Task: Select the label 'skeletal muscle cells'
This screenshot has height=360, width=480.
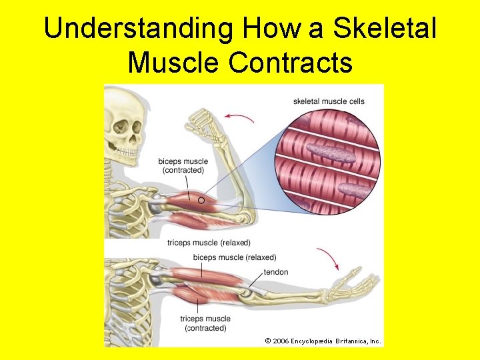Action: [329, 101]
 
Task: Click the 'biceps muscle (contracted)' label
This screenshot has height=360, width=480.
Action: [183, 165]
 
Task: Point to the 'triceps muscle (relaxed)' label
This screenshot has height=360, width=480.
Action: [209, 243]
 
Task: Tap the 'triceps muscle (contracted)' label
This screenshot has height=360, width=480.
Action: [205, 323]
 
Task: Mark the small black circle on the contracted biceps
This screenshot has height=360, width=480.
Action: [201, 199]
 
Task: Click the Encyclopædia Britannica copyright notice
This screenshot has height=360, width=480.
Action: [323, 341]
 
